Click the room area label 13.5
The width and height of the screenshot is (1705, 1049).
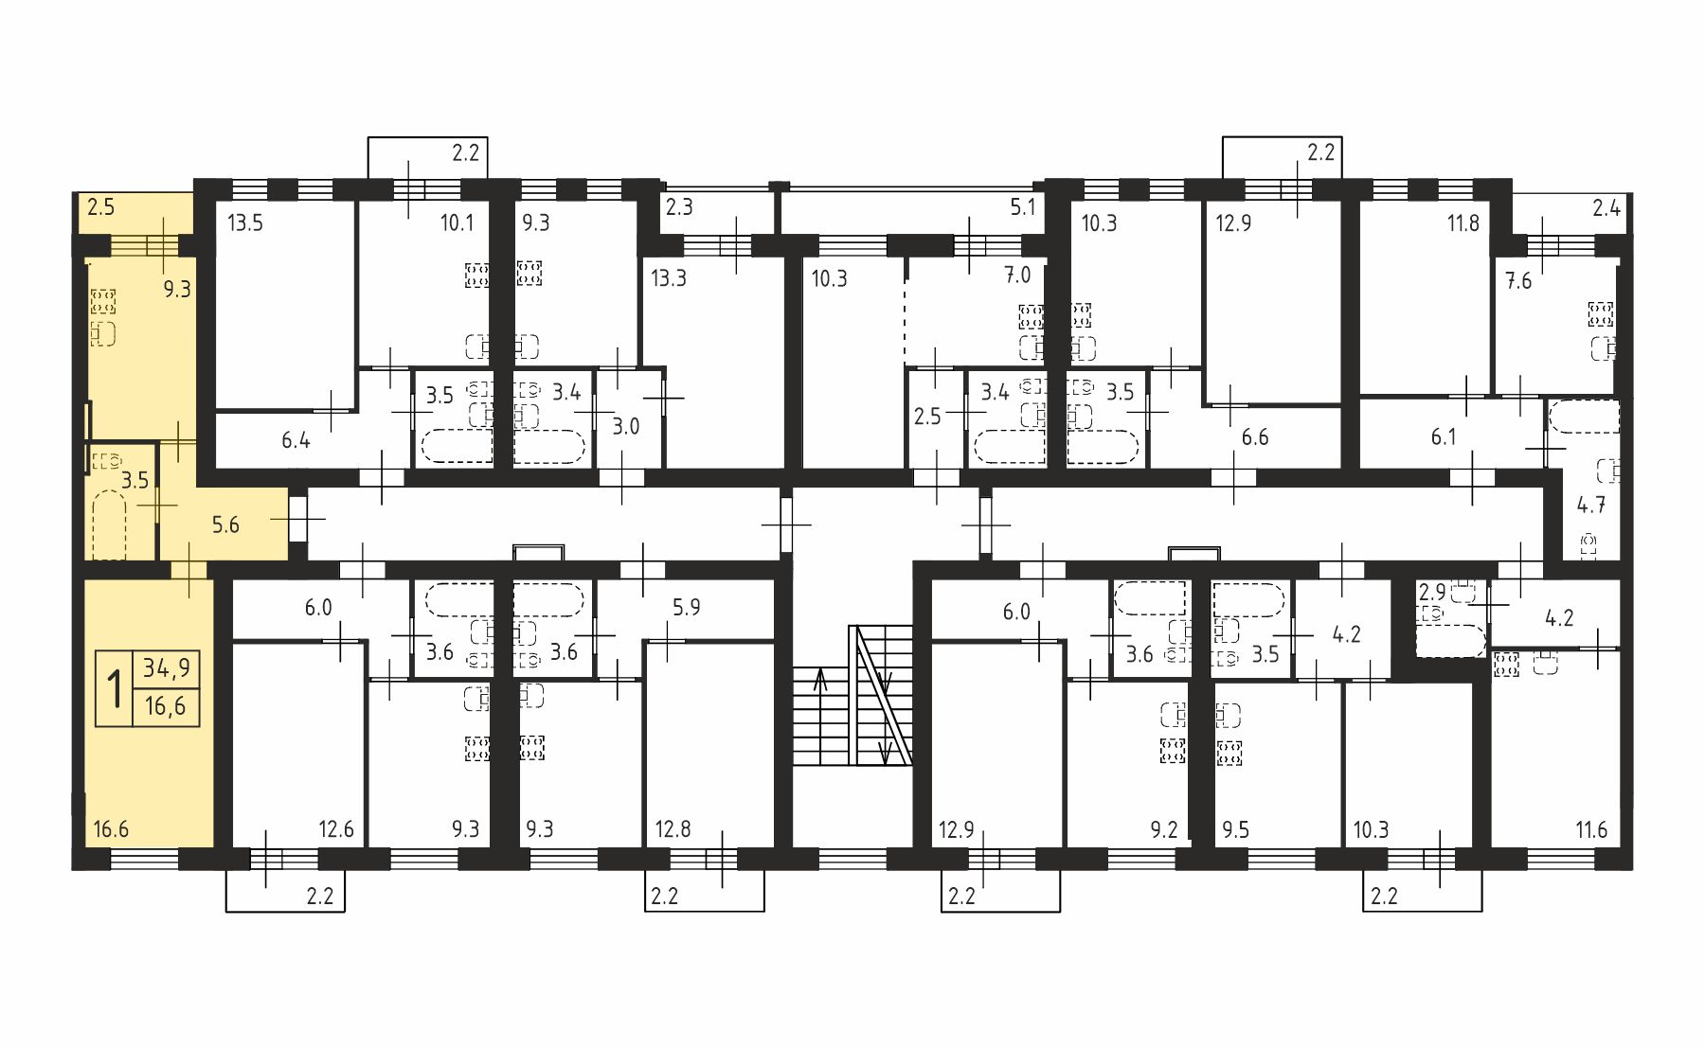click(245, 223)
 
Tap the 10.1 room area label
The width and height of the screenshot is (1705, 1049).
click(457, 223)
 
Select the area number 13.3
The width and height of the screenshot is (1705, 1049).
click(669, 278)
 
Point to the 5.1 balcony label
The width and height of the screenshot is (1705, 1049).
click(1023, 207)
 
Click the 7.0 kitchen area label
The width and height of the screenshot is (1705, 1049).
click(1017, 276)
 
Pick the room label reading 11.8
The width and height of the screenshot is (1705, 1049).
click(1463, 223)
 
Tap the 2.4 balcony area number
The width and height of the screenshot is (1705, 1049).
click(1606, 207)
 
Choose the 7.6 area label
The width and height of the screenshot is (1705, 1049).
click(1518, 281)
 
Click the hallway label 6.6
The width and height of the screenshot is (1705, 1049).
click(1255, 437)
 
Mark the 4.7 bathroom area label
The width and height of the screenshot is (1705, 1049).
click(1591, 506)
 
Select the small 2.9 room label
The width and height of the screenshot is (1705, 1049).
click(1432, 593)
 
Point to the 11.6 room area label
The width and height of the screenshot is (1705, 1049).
click(1591, 830)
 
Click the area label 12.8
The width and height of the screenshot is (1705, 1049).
click(673, 829)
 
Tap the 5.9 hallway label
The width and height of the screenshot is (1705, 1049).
click(687, 607)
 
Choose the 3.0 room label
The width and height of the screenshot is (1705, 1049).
click(626, 426)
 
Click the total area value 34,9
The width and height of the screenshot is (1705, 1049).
click(167, 668)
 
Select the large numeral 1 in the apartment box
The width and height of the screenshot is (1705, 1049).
click(116, 688)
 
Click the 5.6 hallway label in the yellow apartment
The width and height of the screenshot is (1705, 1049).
click(225, 525)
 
